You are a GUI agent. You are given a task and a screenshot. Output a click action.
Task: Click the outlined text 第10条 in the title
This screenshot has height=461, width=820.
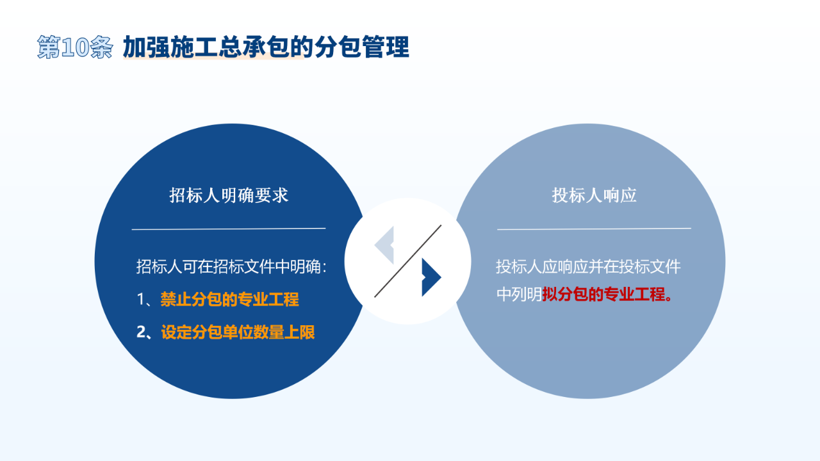[75, 47]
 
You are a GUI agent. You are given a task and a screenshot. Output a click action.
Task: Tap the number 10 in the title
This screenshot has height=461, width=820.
[75, 47]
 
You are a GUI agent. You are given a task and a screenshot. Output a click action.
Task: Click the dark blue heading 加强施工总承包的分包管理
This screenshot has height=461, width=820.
[266, 47]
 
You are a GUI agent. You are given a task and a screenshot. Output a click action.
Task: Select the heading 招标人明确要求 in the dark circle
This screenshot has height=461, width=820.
[229, 195]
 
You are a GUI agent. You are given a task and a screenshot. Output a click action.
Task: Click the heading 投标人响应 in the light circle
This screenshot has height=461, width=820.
[594, 195]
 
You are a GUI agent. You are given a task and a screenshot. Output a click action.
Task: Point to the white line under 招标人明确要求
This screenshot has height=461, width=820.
[229, 229]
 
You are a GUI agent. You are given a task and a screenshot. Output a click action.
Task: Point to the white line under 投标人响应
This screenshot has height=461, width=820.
[594, 229]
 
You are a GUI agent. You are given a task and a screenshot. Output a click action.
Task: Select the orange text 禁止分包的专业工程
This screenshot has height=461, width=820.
[229, 299]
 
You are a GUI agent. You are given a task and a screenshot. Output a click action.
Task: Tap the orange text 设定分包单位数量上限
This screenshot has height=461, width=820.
[238, 332]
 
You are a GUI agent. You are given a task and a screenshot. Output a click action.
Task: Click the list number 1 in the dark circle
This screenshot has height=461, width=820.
[140, 300]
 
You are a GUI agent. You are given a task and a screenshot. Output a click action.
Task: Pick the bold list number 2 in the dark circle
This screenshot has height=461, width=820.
[142, 332]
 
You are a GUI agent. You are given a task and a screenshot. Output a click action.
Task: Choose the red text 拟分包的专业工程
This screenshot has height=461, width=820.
[603, 294]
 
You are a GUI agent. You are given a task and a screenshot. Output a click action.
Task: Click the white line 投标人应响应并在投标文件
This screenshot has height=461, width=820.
[588, 267]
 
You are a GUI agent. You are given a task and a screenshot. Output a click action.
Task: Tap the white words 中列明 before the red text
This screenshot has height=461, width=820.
[519, 294]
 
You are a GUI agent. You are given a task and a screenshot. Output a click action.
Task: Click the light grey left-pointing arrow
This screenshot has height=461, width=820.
[384, 245]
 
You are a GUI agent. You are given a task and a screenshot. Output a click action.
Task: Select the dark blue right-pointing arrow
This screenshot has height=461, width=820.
[432, 277]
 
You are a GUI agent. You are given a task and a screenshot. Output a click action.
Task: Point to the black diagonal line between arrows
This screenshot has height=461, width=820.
[408, 261]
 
